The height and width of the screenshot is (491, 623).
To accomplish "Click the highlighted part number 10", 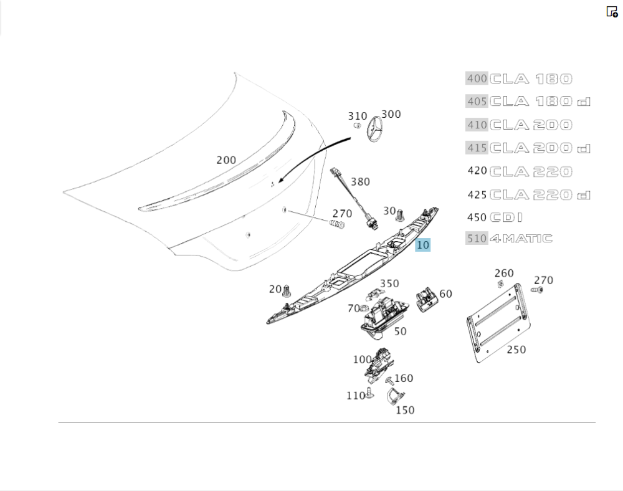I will coord(423,245).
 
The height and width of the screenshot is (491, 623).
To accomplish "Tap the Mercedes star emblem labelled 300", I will coord(376,131).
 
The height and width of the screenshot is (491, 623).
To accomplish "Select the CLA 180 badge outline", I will coord(531,79).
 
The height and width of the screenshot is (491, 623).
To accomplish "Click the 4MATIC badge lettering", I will coord(521,238).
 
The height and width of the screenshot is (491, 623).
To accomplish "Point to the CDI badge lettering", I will coord(506,217).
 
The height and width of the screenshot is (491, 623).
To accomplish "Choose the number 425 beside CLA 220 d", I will coord(477,194).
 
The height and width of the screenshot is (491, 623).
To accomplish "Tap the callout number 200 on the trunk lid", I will coord(226,160).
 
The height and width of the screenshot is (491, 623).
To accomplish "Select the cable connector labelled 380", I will coord(351,194).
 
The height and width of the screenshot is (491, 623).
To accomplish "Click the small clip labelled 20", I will coord(287,292).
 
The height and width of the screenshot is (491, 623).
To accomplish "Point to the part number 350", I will coord(389,284).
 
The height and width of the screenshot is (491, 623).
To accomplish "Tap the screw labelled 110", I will coord(370,393).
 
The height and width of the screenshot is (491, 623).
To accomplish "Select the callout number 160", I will coord(404,378).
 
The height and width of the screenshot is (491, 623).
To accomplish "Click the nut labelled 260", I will coord(500,284).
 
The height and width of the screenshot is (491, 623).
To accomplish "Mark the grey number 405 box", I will coord(477,102).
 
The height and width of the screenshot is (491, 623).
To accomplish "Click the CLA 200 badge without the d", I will coord(531,125).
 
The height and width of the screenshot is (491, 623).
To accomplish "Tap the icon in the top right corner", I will coord(612,11).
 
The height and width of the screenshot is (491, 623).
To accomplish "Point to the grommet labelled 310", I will coord(358,125).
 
